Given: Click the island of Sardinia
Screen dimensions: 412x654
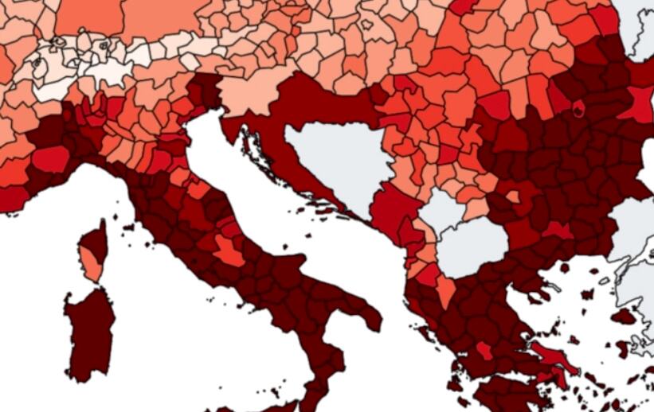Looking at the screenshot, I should point(89,334).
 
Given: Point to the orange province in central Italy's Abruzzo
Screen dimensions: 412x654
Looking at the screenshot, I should point(229,251).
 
